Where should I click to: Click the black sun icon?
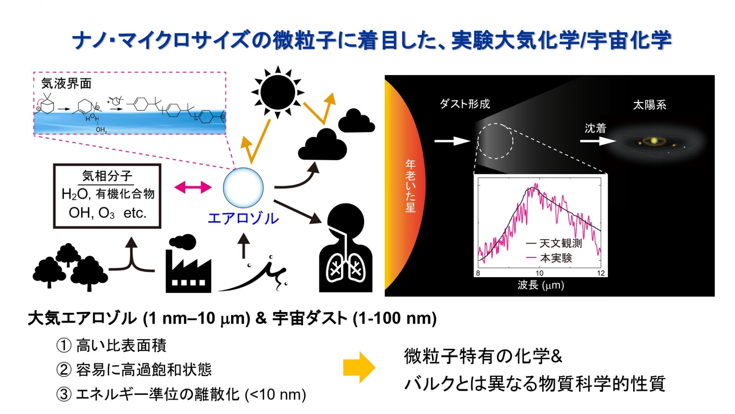pyautogui.click(x=278, y=92)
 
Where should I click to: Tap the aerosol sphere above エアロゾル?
pyautogui.click(x=243, y=188)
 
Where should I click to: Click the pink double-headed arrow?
pyautogui.click(x=193, y=187)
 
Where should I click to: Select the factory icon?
pyautogui.click(x=188, y=264)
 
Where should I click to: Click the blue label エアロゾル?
pyautogui.click(x=243, y=219)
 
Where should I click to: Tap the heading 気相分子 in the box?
pyautogui.click(x=107, y=176)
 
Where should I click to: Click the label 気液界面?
pyautogui.click(x=67, y=83)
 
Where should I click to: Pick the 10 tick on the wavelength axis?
pyautogui.click(x=539, y=273)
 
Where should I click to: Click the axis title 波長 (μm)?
pyautogui.click(x=541, y=285)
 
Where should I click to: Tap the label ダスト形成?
pyautogui.click(x=465, y=104)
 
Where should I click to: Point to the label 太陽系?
pyautogui.click(x=650, y=105)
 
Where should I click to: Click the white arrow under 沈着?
pyautogui.click(x=598, y=141)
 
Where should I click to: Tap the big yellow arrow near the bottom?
pyautogui.click(x=359, y=367)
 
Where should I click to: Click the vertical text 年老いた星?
pyautogui.click(x=410, y=186)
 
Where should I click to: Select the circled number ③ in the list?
pyautogui.click(x=64, y=394)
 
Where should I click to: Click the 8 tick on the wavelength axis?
pyautogui.click(x=478, y=273)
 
